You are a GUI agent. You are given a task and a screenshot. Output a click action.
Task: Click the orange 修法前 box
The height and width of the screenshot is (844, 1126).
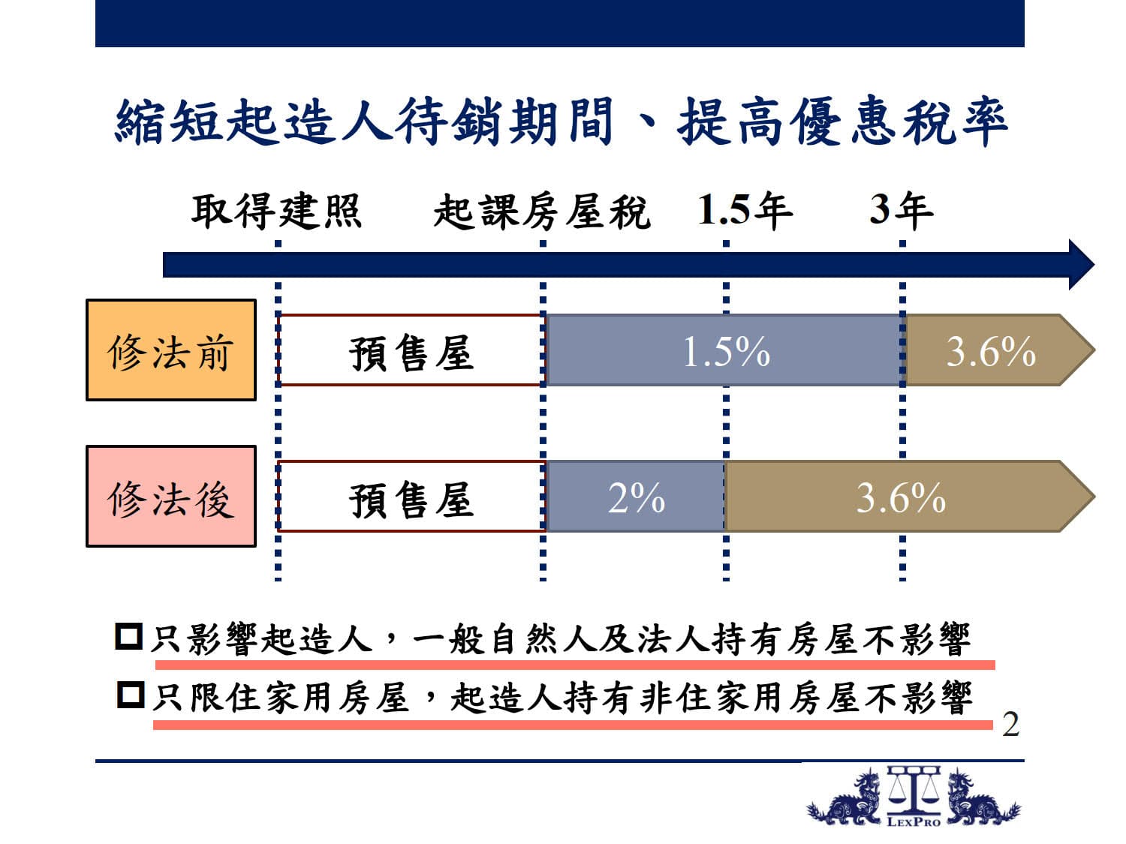[x=171, y=350]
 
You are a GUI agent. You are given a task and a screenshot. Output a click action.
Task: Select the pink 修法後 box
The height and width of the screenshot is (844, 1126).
[x=171, y=497]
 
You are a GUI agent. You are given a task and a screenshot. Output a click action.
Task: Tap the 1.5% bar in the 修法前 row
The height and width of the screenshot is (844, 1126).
[x=725, y=350]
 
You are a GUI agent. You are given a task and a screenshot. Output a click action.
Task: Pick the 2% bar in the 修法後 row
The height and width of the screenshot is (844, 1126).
[x=636, y=497]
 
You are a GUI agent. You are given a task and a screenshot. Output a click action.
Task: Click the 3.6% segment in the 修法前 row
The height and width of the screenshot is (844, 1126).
[x=998, y=350]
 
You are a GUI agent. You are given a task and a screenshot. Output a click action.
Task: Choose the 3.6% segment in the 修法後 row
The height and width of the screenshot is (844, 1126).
[x=908, y=497]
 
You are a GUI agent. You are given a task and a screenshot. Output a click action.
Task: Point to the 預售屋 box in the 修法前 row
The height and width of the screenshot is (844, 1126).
[x=411, y=350]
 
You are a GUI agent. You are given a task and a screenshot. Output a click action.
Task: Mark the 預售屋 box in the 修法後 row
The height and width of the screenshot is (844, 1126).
[x=411, y=497]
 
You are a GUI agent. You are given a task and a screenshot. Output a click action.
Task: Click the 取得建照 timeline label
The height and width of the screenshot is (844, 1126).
[x=277, y=211]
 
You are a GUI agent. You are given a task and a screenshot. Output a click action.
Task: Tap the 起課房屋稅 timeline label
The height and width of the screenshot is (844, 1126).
[x=542, y=211]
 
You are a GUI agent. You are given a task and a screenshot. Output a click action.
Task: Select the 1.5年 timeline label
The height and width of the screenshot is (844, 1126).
[x=745, y=210]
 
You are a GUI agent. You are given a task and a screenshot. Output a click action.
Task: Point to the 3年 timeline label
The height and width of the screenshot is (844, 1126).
[x=902, y=210]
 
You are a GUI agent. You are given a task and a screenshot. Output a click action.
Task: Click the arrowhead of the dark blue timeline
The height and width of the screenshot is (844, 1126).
[x=1082, y=264]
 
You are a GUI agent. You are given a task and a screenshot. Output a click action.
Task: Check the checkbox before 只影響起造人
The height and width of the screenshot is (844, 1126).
[x=129, y=637]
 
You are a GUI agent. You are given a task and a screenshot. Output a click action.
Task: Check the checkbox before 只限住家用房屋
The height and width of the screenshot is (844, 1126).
[x=131, y=695]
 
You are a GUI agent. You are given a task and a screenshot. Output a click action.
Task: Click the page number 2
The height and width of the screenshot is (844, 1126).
[x=1010, y=725]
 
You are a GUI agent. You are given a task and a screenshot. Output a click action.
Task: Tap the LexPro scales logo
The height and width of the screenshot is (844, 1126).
[x=914, y=796]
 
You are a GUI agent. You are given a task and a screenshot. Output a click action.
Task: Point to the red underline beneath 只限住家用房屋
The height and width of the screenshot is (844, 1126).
[x=573, y=725]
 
